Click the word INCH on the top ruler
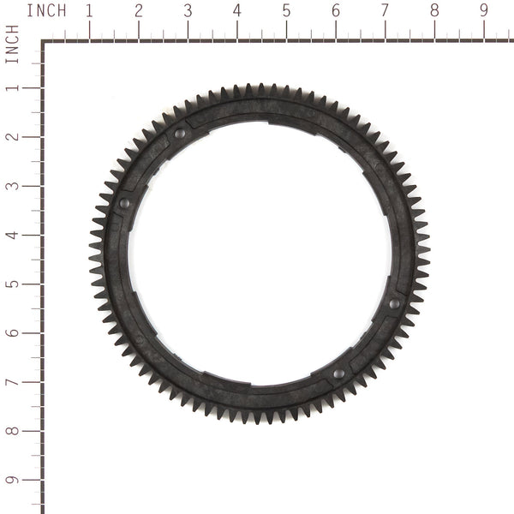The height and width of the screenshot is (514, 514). [x=47, y=11]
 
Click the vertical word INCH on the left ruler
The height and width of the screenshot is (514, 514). [x=12, y=44]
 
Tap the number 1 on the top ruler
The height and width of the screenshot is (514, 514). [x=89, y=11]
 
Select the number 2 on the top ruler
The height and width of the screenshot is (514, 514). [x=139, y=11]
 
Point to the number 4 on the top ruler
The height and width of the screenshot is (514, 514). [x=237, y=11]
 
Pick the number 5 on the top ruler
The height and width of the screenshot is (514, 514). [x=286, y=11]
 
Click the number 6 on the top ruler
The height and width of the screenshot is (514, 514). [x=336, y=11]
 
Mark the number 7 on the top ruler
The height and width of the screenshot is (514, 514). [x=385, y=11]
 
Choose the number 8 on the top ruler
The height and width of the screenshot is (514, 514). [x=434, y=11]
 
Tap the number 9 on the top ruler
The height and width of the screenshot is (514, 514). [x=483, y=11]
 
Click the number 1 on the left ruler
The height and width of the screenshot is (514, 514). [x=12, y=87]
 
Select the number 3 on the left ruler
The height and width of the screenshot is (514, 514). [x=12, y=186]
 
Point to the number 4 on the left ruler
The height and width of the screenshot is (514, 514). [x=12, y=235]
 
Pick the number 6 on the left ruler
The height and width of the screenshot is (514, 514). [x=12, y=333]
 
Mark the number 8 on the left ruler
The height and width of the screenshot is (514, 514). [x=12, y=431]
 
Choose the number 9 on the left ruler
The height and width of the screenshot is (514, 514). [x=12, y=480]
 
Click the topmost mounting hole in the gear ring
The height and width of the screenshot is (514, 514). [x=180, y=134]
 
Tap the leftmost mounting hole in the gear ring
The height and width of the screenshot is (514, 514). [x=124, y=203]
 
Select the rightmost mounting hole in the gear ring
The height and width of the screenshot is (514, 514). [x=394, y=303]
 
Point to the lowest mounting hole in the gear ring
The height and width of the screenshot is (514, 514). [x=338, y=374]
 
